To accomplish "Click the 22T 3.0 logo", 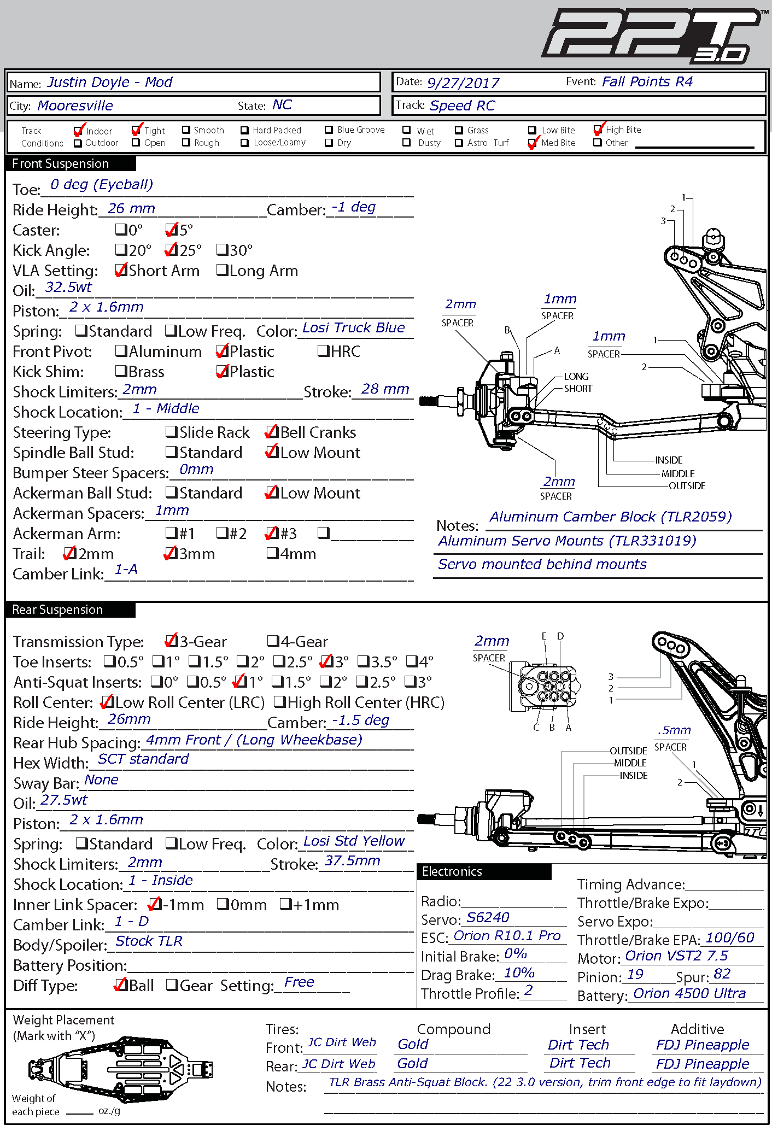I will pyautogui.click(x=651, y=35).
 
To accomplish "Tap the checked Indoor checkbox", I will pyautogui.click(x=79, y=131).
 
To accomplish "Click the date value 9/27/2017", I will pyautogui.click(x=463, y=83).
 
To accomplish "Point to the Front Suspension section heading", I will pyautogui.click(x=61, y=163).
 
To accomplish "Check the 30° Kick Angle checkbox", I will pyautogui.click(x=222, y=250).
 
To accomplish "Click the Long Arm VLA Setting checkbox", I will pyautogui.click(x=222, y=270).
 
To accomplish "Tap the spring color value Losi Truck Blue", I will pyautogui.click(x=353, y=327).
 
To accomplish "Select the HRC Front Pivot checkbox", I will pyautogui.click(x=323, y=351).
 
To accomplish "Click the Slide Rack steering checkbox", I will pyautogui.click(x=172, y=432).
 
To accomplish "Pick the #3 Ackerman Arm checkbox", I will pyautogui.click(x=271, y=533).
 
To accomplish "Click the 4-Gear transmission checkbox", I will pyautogui.click(x=273, y=641).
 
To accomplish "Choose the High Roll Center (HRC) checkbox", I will pyautogui.click(x=279, y=702).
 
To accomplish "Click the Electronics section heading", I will pyautogui.click(x=452, y=871).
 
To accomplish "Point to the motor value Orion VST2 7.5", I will pyautogui.click(x=676, y=956).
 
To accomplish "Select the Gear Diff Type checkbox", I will pyautogui.click(x=172, y=985).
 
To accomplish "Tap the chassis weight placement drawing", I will pyautogui.click(x=120, y=1068).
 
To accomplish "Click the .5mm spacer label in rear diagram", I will pyautogui.click(x=674, y=730).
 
